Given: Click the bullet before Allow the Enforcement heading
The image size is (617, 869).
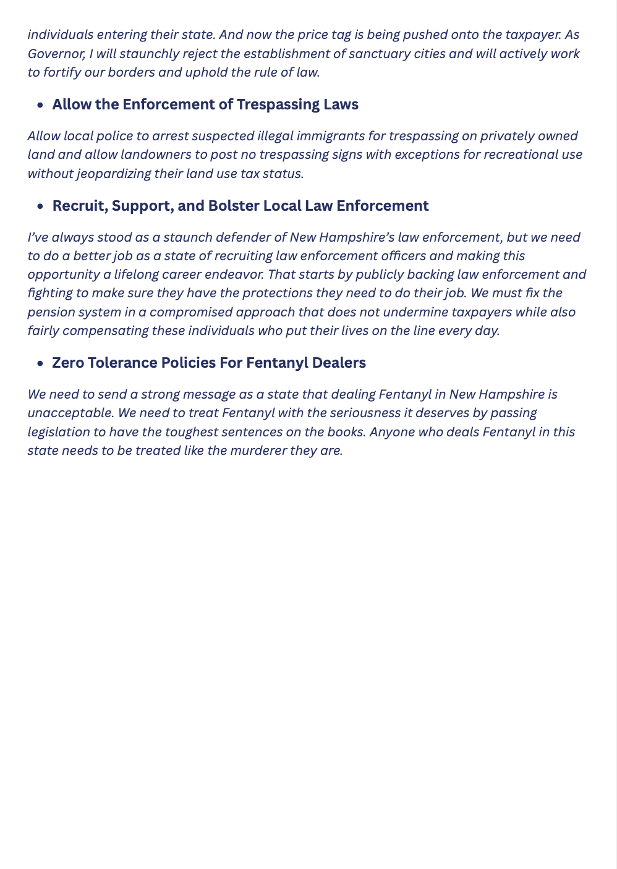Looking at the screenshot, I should click(40, 106).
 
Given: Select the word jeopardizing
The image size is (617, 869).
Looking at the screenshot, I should click(116, 173).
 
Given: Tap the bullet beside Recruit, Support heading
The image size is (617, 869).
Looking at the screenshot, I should click(40, 207).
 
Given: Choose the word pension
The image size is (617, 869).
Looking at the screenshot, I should click(51, 312).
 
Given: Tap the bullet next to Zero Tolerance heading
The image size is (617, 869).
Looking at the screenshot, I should click(40, 364).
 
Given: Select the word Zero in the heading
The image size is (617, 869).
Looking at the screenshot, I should click(68, 363).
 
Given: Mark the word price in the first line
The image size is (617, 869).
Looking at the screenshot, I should click(299, 35).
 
